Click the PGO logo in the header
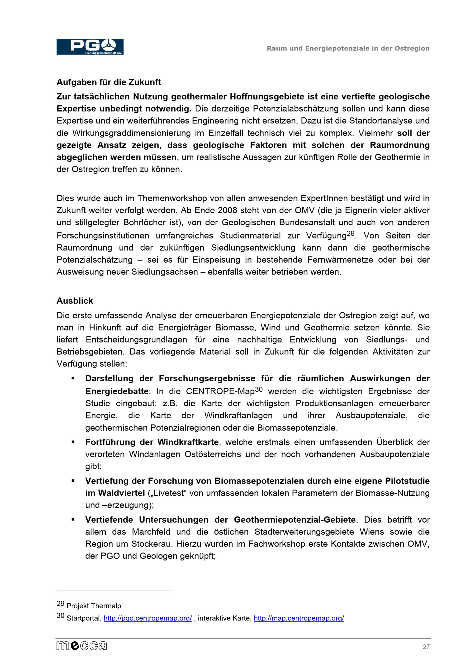coord(90,47)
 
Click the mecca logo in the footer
coord(82,646)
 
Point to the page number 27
coord(426,647)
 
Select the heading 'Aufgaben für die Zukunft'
coord(109,82)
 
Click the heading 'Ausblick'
coord(75,301)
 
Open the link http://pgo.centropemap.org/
coord(147,618)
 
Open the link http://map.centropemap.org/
coord(299,618)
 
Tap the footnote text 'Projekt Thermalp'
coord(94,606)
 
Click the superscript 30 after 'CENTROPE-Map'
coord(258,389)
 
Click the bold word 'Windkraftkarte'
coord(188,442)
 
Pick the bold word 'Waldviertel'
coord(121,493)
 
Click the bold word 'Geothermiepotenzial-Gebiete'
coord(295,520)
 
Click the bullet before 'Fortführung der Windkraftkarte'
coord(73,442)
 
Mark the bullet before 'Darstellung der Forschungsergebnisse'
coord(73,378)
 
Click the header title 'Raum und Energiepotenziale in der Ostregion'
coord(348,48)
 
